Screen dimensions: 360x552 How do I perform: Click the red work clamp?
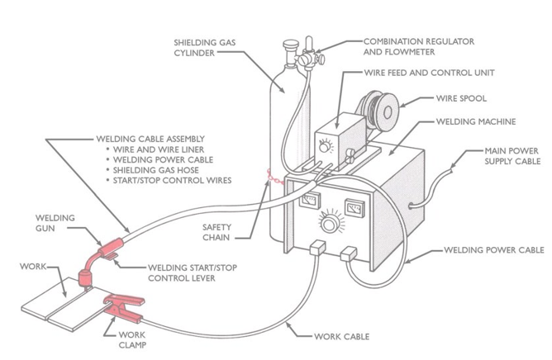click(123, 310)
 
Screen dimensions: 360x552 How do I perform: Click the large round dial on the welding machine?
click(331, 224)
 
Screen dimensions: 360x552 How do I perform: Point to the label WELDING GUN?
click(55, 222)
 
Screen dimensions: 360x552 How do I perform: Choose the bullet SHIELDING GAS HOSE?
click(157, 169)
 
